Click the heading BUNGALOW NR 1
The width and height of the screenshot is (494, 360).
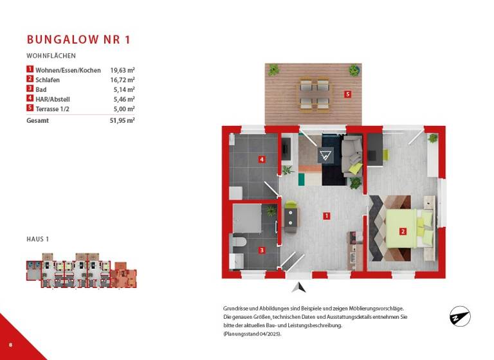tap(78, 40)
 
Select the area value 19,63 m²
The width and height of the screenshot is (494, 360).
tap(122, 70)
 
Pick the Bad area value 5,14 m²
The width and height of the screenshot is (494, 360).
tap(123, 89)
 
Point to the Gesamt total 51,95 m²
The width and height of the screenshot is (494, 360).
tap(122, 120)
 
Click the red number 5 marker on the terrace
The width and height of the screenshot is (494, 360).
tap(347, 94)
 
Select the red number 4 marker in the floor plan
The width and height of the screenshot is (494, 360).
tap(262, 159)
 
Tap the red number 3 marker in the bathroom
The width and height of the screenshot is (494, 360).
tap(262, 250)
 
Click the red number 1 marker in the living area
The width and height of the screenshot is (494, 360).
tap(327, 216)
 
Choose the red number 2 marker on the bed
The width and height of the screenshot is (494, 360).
tap(403, 231)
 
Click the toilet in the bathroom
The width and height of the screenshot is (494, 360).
tap(238, 242)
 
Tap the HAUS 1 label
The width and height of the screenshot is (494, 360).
tap(38, 239)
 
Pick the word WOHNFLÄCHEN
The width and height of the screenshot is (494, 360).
tap(51, 56)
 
